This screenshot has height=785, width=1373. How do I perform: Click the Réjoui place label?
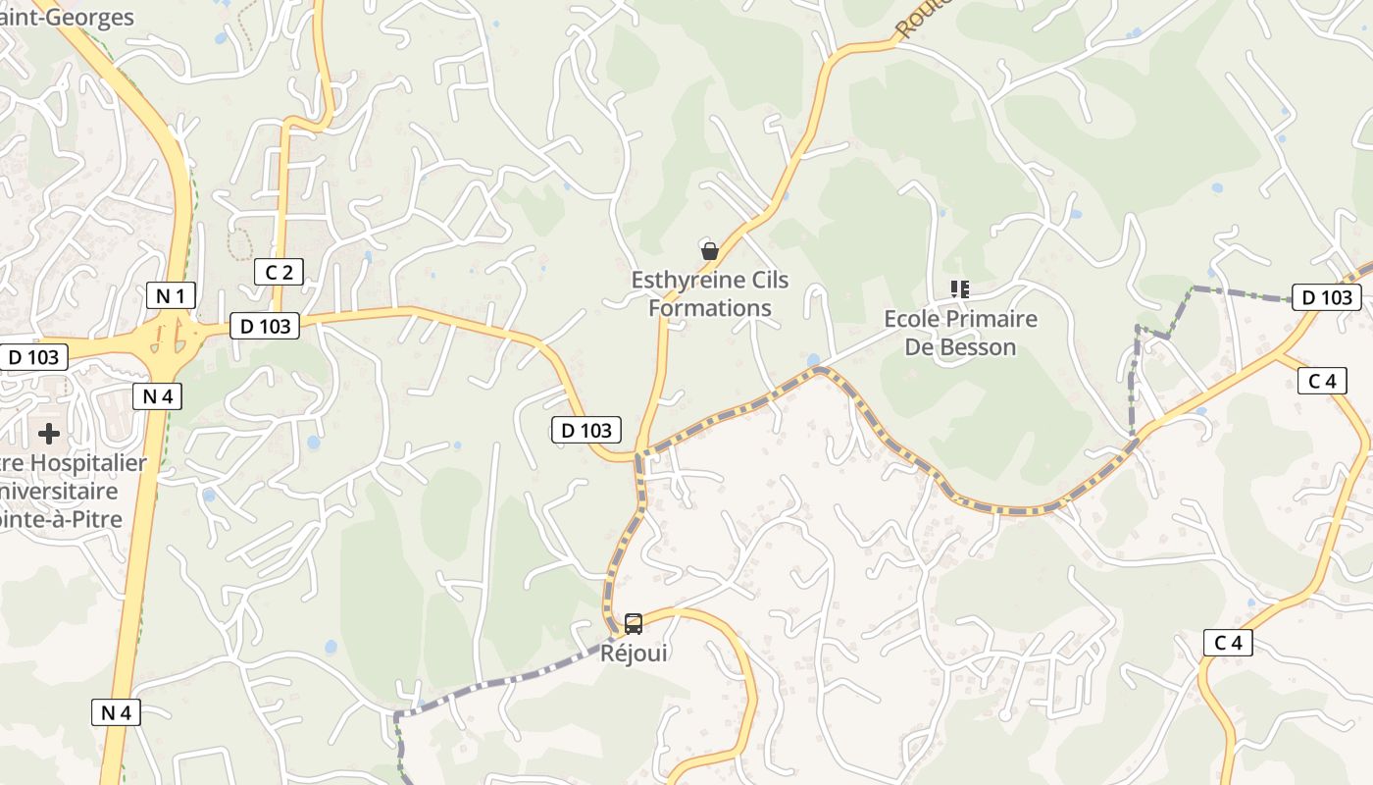tap(634, 653)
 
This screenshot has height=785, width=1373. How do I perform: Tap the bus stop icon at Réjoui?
tap(634, 623)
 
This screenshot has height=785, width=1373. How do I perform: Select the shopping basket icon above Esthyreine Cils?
tap(710, 251)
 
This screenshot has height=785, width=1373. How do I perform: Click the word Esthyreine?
tap(685, 281)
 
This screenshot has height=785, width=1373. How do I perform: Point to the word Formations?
tap(710, 308)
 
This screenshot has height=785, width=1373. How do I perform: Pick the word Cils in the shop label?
tap(769, 281)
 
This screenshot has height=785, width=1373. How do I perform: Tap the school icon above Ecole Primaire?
tap(959, 288)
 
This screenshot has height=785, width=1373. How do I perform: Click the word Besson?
tap(978, 346)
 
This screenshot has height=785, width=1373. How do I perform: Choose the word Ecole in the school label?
tap(910, 319)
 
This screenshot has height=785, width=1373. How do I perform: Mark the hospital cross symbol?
tap(48, 434)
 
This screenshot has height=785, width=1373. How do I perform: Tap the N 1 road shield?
tap(172, 295)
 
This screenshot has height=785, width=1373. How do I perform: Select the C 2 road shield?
tap(279, 272)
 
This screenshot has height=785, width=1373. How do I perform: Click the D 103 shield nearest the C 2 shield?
tap(265, 326)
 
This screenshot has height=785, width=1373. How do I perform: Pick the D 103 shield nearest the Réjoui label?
tap(586, 429)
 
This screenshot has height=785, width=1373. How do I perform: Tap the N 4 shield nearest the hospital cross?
tap(157, 396)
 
